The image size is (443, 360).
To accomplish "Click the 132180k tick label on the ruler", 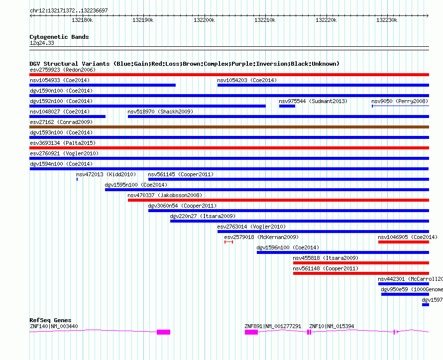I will pyautogui.click(x=82, y=20).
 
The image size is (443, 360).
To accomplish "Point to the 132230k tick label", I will pyautogui.click(x=387, y=20).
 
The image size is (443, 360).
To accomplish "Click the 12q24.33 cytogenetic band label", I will pyautogui.click(x=42, y=43).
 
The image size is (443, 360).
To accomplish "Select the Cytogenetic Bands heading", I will pyautogui.click(x=59, y=37).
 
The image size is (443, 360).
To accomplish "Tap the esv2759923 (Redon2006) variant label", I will pyautogui.click(x=63, y=70).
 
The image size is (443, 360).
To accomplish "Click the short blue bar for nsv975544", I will pyautogui.click(x=287, y=106).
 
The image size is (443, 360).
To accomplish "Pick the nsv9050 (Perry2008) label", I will pyautogui.click(x=400, y=101).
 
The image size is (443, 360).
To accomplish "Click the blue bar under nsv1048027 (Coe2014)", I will pyautogui.click(x=68, y=117).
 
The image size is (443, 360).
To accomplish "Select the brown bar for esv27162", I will pyautogui.click(x=229, y=127).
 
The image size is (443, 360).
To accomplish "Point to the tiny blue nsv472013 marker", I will pyautogui.click(x=77, y=179).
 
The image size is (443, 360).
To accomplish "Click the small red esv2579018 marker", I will pyautogui.click(x=228, y=242).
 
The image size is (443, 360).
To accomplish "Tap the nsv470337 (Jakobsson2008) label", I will pyautogui.click(x=165, y=195).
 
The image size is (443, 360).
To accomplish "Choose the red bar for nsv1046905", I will pyautogui.click(x=403, y=242).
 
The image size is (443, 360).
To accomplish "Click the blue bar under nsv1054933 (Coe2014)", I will pyautogui.click(x=103, y=85).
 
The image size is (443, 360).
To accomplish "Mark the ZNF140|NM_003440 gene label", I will pyautogui.click(x=54, y=326).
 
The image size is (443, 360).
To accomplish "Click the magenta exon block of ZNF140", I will pyautogui.click(x=163, y=332).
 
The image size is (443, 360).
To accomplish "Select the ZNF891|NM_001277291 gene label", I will pyautogui.click(x=273, y=326).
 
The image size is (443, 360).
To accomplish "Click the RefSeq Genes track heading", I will pyautogui.click(x=50, y=320).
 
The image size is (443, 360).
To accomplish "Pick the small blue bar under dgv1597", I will pyautogui.click(x=425, y=305).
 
